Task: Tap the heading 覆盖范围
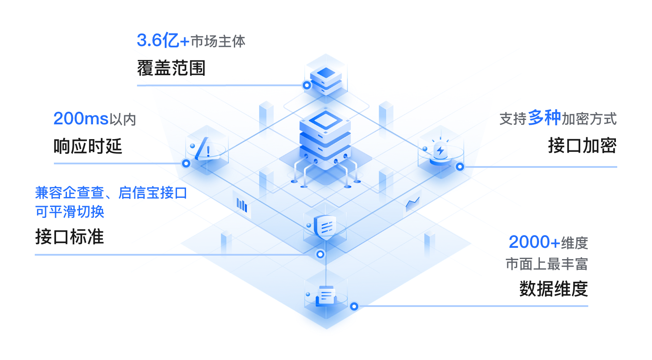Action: [171, 68]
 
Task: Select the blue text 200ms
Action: [81, 119]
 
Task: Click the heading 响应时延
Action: [88, 147]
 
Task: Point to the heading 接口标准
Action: [70, 237]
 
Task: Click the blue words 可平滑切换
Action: [70, 212]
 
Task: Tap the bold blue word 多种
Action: [544, 118]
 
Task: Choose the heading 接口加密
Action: [582, 146]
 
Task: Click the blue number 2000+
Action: [534, 242]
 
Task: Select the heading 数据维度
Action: [553, 289]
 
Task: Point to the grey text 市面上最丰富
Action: [546, 264]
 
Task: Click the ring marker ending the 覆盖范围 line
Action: [307, 85]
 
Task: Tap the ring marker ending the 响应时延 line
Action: [186, 163]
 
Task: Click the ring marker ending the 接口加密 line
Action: [459, 167]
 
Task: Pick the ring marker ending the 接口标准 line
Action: [320, 254]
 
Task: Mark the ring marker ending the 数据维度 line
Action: [354, 307]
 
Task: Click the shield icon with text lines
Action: [326, 226]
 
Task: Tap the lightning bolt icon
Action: [440, 150]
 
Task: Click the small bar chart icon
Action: [242, 205]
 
